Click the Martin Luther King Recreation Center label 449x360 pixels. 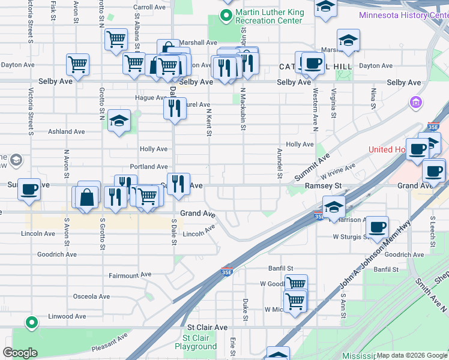point(268,16)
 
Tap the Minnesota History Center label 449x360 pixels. point(403,15)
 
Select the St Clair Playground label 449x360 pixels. point(196,342)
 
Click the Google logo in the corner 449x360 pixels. point(20,352)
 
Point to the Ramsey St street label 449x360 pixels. point(322,186)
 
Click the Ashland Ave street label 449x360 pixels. point(67,131)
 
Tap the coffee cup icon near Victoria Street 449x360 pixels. point(29,190)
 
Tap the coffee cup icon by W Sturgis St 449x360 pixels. point(377,227)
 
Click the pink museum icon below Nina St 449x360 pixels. point(415,103)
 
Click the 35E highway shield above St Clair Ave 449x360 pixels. point(227,272)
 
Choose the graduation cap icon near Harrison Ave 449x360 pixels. point(334,207)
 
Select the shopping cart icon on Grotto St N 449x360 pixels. point(116,40)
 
